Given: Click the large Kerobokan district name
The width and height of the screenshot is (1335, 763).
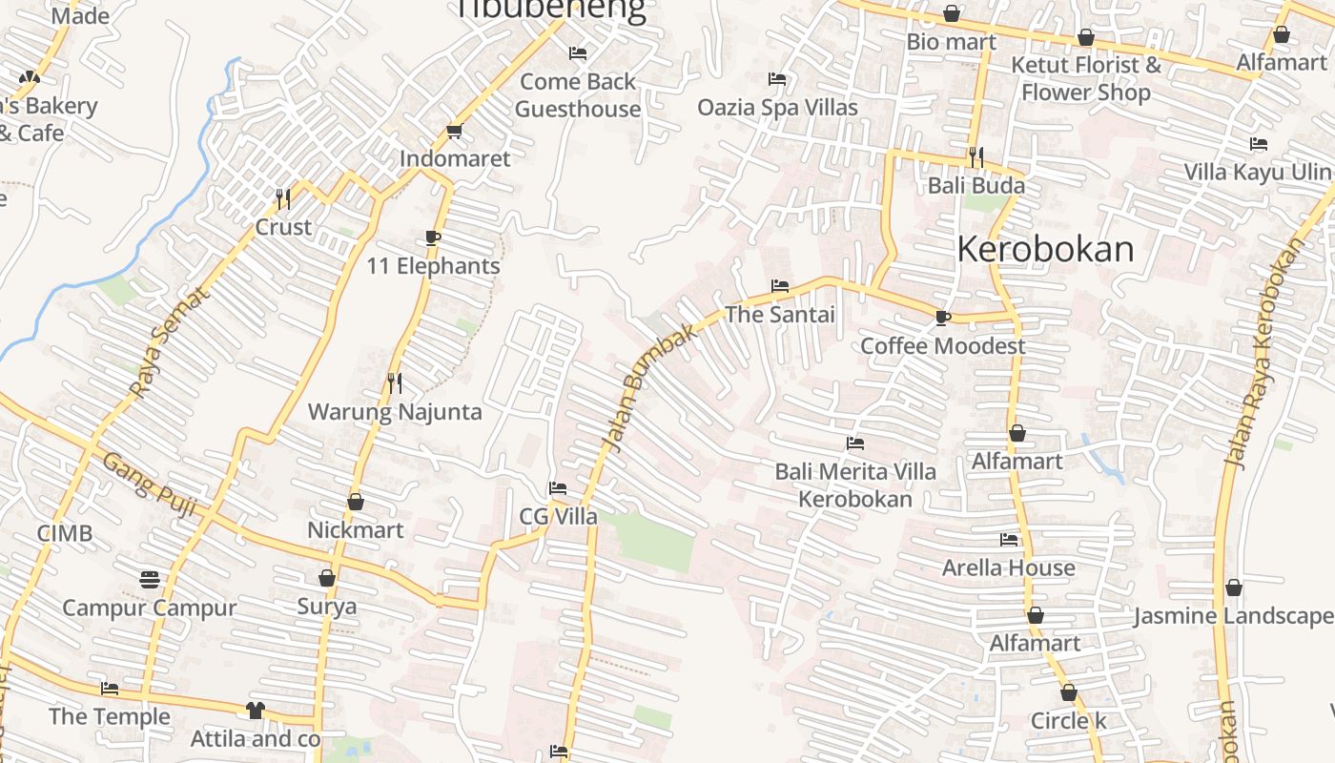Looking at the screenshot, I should (x=1045, y=249).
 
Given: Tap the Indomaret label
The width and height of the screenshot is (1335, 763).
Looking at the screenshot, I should (x=455, y=158).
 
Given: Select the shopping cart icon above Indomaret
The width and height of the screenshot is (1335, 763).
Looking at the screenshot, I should (x=454, y=132).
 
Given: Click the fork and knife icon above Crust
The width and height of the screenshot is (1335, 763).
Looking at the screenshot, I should (x=283, y=198).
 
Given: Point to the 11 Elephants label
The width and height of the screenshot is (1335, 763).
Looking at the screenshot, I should (x=433, y=266).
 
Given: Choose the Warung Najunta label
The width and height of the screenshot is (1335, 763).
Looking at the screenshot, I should (x=395, y=412).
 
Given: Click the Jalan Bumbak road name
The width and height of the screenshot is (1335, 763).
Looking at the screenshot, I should (x=647, y=391).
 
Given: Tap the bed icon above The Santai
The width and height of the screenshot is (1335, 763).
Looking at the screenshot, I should (x=779, y=286).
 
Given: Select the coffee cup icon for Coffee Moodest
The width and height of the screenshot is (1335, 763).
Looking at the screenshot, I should (x=942, y=318).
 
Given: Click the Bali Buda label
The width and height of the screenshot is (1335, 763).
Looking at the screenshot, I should (x=976, y=185).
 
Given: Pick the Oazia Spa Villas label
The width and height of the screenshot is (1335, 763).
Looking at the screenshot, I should (x=777, y=107).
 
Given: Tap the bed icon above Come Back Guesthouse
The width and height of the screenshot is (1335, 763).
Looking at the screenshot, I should (x=577, y=53).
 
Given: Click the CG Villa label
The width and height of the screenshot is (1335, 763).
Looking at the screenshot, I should (x=558, y=517).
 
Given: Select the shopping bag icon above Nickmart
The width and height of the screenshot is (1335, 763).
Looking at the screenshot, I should (x=356, y=502).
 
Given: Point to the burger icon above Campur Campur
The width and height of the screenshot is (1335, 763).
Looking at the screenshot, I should (x=150, y=579).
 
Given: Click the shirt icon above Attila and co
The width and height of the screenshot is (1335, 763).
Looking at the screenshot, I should (x=255, y=710).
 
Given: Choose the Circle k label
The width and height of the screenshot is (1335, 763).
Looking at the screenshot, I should (x=1068, y=720).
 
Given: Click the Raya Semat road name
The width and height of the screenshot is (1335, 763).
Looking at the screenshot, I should (x=169, y=342).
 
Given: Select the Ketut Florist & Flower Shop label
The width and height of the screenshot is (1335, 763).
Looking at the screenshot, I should (x=1085, y=78).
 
